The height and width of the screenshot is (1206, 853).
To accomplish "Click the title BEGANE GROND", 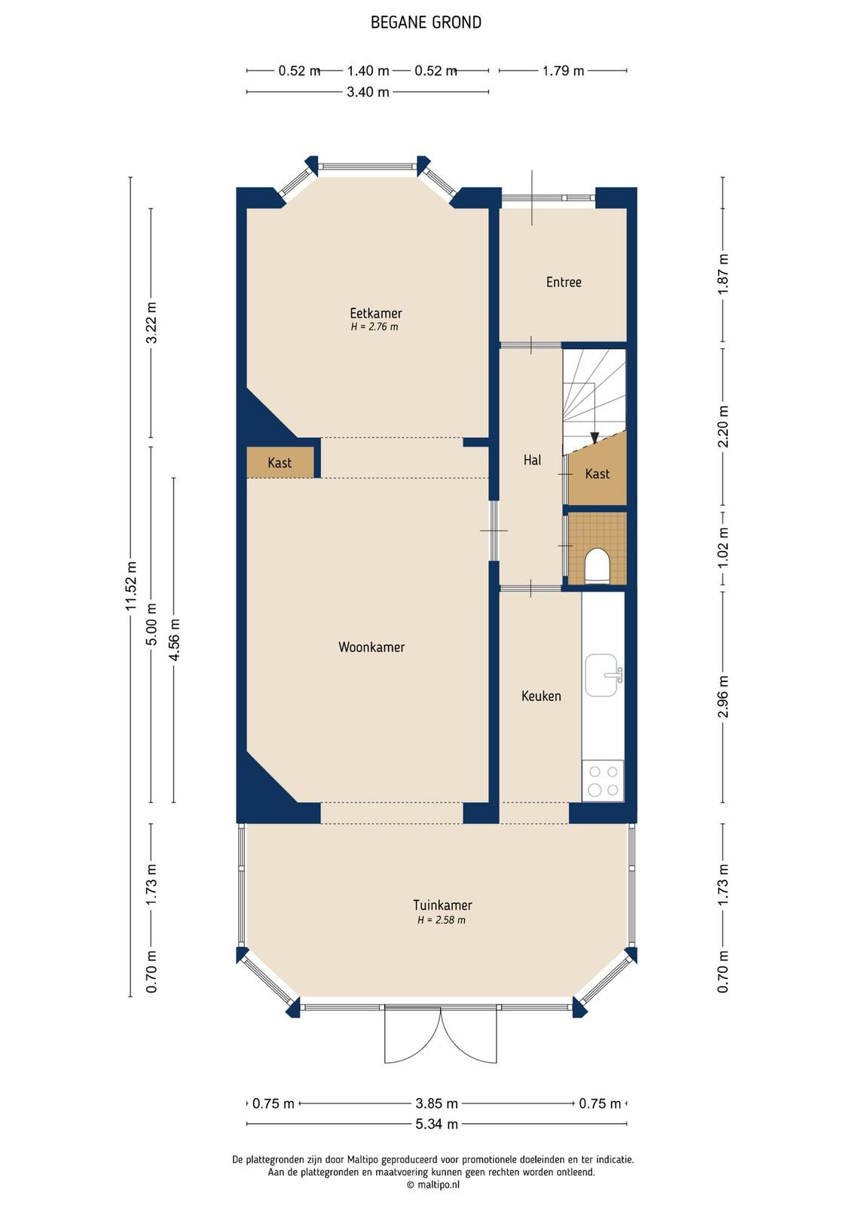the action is click(x=426, y=23).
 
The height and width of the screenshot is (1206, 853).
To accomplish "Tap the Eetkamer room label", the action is click(x=376, y=313).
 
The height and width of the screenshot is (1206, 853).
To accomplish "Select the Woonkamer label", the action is click(x=371, y=647).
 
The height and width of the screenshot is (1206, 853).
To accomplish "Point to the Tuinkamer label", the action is click(x=442, y=905).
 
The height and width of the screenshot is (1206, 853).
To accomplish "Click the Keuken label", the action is click(x=541, y=696).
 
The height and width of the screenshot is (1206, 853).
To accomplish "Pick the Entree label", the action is click(x=564, y=282).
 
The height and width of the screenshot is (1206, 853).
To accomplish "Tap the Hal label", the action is click(x=532, y=460).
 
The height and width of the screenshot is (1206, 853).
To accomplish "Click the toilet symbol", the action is click(x=596, y=566).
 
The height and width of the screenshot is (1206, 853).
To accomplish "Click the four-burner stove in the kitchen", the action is click(x=603, y=780).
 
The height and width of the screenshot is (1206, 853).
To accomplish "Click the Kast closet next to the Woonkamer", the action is click(x=280, y=462).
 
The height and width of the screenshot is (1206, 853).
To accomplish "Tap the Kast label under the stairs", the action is click(x=598, y=474).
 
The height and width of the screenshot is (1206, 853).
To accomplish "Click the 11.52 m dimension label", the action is click(x=131, y=586).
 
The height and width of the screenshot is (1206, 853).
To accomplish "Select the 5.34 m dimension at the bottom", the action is click(x=436, y=1124).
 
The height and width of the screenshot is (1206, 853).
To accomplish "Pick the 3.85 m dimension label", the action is click(x=436, y=1103).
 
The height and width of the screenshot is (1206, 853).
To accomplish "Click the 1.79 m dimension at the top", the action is click(x=563, y=71).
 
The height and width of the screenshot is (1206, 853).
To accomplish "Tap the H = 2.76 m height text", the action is click(x=375, y=327).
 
